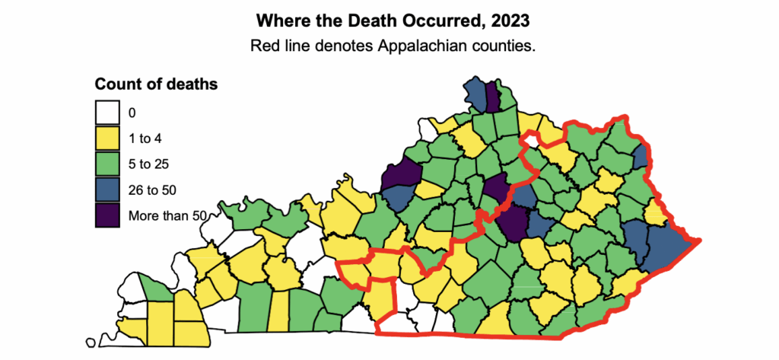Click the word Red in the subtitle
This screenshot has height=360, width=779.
(x=264, y=46)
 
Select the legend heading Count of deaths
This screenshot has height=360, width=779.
(x=157, y=84)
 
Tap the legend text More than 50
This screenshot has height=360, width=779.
(x=167, y=215)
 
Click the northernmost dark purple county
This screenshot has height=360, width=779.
(x=492, y=97)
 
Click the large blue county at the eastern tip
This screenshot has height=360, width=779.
(x=667, y=247)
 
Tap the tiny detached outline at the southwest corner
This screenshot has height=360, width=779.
(x=92, y=342)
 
